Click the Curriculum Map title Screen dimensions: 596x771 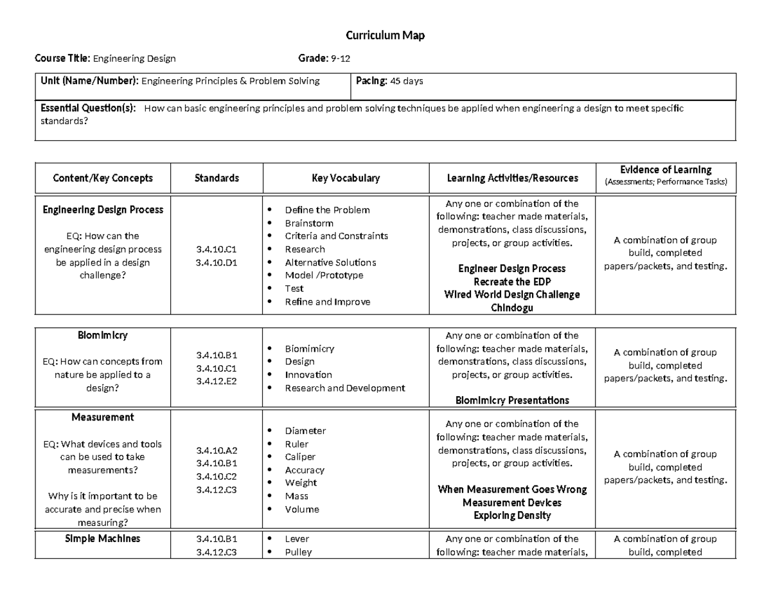(x=385, y=35)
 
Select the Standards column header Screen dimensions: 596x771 (x=217, y=178)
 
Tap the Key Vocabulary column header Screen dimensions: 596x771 (x=346, y=178)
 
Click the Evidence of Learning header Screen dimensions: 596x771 (x=665, y=170)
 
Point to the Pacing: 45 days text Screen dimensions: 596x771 (x=389, y=81)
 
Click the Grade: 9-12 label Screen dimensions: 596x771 (x=324, y=59)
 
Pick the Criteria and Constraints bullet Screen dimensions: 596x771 (x=336, y=236)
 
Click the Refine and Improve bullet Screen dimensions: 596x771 (x=327, y=302)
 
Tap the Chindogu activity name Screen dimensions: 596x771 (x=512, y=308)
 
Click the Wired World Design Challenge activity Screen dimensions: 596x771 (x=512, y=294)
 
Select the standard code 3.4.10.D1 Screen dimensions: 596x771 (x=217, y=262)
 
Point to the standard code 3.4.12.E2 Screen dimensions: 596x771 (x=217, y=381)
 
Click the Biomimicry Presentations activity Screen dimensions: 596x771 (x=512, y=401)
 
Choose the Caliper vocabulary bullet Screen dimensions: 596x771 (x=300, y=457)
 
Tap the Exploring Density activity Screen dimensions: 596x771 (x=512, y=516)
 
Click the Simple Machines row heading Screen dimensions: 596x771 (x=103, y=539)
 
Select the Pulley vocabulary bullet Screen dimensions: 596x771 (x=298, y=552)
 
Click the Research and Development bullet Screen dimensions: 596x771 (x=344, y=388)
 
